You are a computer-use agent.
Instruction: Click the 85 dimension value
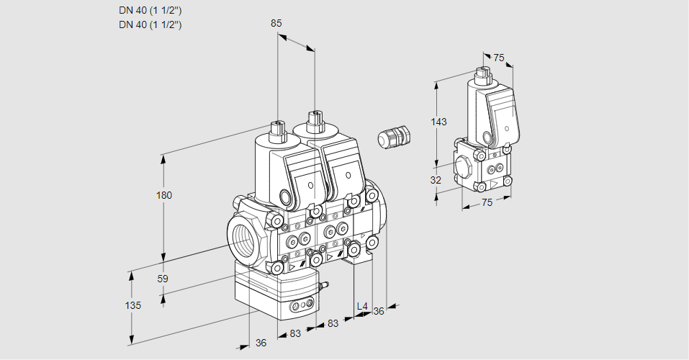coord(276,23)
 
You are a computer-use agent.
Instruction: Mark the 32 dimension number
coord(435,180)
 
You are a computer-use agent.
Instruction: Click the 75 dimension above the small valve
coord(498,58)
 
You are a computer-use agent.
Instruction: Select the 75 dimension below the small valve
coord(487,203)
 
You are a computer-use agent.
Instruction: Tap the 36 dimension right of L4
coord(379,310)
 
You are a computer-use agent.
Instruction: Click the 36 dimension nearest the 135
coord(261,343)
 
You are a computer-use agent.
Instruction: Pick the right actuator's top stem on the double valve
coord(313,119)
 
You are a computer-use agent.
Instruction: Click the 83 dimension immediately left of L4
coord(333,323)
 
